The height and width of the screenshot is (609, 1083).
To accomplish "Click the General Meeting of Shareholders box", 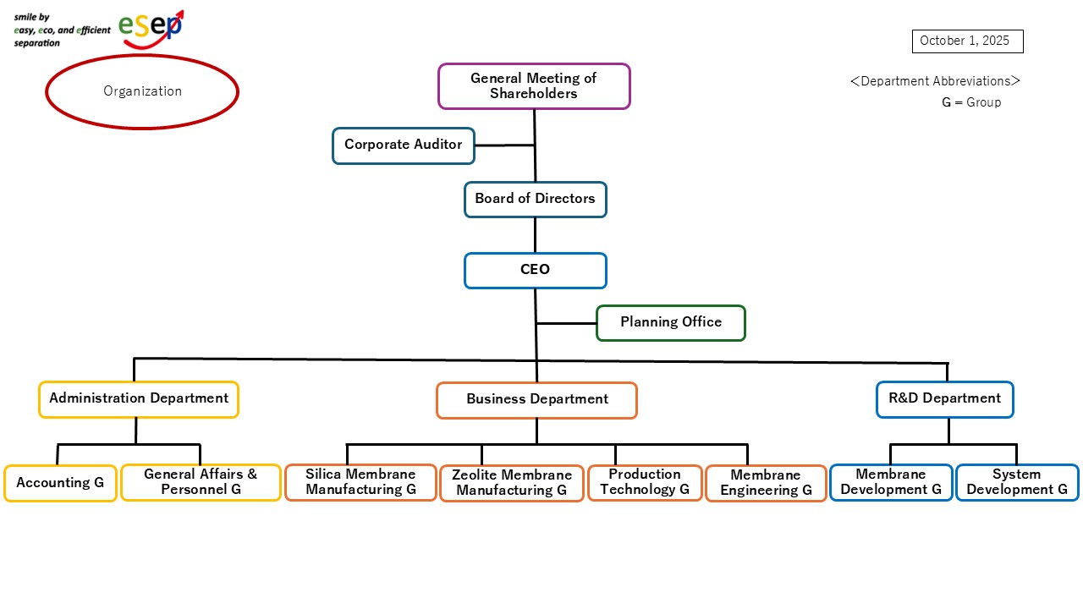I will point(534,86).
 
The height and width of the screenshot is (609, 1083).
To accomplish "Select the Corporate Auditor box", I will point(404,145).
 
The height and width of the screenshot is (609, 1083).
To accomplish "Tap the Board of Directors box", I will point(535,200).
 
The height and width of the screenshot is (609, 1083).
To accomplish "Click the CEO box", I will point(535,271).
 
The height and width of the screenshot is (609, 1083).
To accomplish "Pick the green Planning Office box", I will point(671,322).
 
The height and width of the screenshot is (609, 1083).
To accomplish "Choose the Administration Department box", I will point(139,399).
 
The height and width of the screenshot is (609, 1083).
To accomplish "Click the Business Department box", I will point(536,400).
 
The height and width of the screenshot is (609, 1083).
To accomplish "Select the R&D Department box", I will point(944,399).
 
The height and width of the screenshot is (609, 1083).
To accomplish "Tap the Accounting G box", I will point(60,483).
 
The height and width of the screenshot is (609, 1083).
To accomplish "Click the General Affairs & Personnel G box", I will point(201,482).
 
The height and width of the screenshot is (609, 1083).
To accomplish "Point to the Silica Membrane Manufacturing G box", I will point(360,482).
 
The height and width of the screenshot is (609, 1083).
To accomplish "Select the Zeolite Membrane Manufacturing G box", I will point(512,483).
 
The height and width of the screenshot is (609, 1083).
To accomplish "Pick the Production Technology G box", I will point(645,482).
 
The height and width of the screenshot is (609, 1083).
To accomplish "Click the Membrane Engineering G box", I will point(766,483).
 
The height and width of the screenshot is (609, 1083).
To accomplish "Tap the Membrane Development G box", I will point(891,482).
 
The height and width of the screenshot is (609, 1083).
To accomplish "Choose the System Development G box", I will point(1017,482).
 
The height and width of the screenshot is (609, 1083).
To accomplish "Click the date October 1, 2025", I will point(967,41).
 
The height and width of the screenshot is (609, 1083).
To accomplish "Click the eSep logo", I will point(151,28).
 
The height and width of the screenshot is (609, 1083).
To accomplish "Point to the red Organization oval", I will point(142,91).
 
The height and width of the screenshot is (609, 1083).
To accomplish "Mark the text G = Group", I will point(971,102).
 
